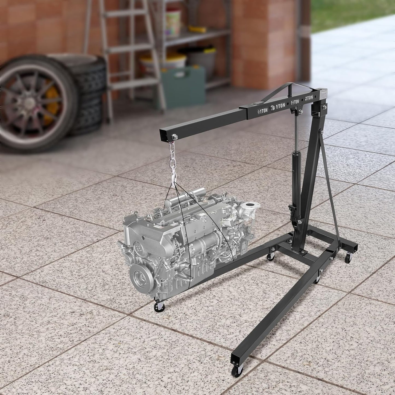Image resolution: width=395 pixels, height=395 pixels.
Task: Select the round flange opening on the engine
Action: (x=248, y=205)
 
